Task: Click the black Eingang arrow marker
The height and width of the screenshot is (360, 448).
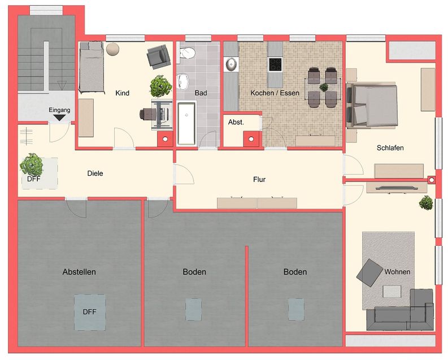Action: click(x=59, y=118)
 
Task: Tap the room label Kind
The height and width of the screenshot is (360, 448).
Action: click(x=122, y=93)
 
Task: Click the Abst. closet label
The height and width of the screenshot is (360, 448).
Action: click(x=236, y=122)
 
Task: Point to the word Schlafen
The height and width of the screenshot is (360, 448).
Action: click(x=390, y=148)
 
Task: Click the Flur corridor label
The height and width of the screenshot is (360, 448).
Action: click(x=259, y=180)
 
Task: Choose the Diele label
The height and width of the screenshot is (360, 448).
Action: click(x=95, y=174)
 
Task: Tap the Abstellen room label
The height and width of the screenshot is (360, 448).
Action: click(x=79, y=272)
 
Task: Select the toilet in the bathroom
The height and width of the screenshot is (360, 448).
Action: click(x=186, y=54)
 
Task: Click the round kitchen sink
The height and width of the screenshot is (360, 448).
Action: click(x=232, y=65)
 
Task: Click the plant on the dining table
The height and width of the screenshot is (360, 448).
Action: click(x=324, y=88)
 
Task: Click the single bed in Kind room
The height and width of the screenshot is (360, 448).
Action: click(x=90, y=68)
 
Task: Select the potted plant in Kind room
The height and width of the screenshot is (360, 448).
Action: click(x=160, y=86)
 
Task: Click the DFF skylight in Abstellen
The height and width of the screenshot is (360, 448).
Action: click(x=90, y=311)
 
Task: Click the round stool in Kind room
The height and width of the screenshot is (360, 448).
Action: click(x=113, y=49)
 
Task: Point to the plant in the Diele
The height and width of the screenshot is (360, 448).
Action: click(x=32, y=164)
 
